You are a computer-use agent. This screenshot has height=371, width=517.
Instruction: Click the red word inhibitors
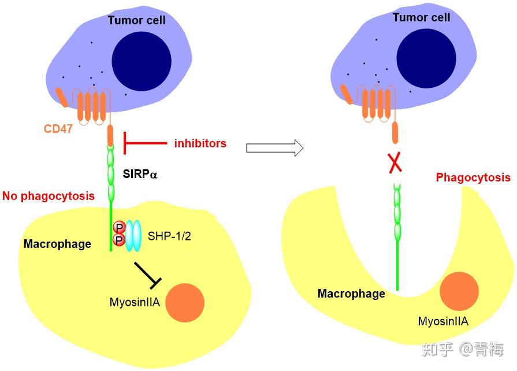tap(200, 143)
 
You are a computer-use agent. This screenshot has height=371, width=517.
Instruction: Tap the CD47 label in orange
tap(58, 128)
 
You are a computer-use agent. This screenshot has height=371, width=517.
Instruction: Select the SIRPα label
tap(140, 172)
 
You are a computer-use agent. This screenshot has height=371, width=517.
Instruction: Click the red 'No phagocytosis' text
tap(49, 196)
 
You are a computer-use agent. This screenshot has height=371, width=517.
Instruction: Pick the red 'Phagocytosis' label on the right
tap(473, 177)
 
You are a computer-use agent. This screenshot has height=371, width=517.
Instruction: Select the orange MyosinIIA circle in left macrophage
tap(185, 302)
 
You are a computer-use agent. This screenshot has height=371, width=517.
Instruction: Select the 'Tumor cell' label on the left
tap(136, 20)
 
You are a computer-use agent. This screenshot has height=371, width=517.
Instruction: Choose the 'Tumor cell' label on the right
tap(421, 17)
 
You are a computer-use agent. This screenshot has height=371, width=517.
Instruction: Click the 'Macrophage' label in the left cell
tap(57, 244)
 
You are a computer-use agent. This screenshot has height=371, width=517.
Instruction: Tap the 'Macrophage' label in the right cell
tap(351, 294)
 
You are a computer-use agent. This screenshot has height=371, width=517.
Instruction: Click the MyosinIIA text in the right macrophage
tap(443, 321)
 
